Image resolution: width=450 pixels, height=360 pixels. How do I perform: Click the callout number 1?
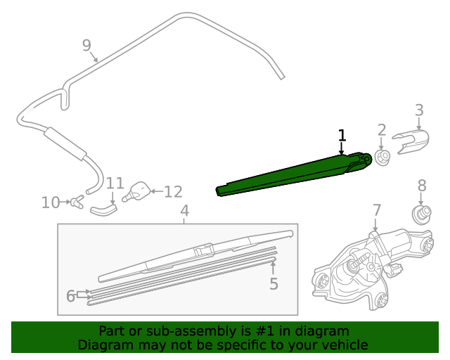(342, 135)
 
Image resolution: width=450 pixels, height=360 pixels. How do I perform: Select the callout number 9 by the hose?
(86, 46)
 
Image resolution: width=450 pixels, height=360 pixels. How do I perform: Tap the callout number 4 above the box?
(184, 211)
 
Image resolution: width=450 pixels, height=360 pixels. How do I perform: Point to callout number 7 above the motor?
(377, 210)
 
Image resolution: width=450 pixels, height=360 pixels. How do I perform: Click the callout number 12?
(173, 191)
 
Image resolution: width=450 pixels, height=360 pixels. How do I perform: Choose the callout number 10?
(51, 203)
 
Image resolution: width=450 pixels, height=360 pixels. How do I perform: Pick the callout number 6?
(70, 296)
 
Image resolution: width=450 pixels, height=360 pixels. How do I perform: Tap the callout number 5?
(274, 284)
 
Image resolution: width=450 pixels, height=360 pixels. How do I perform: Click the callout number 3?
(419, 110)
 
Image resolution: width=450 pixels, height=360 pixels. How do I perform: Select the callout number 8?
(422, 186)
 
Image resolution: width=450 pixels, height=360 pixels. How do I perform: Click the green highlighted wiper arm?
(295, 174)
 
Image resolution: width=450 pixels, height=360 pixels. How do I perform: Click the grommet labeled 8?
(421, 213)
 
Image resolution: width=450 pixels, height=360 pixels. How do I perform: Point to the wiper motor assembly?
(373, 264)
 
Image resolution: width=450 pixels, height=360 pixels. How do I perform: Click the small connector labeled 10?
(76, 202)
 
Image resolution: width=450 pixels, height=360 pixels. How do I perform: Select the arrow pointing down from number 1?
(342, 148)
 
